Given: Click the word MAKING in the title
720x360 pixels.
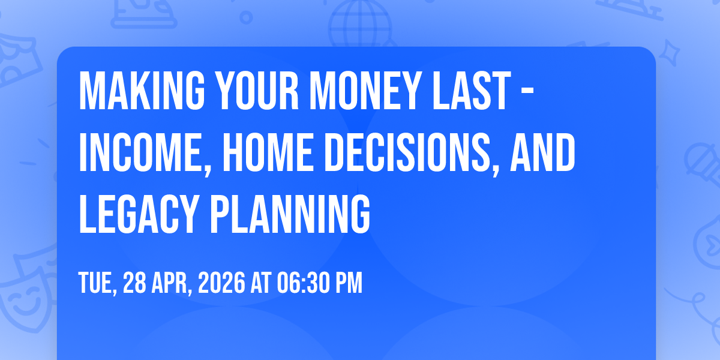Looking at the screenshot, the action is click(x=142, y=91).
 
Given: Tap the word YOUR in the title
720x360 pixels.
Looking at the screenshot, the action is click(x=257, y=91).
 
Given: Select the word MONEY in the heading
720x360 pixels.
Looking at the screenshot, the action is click(x=365, y=91).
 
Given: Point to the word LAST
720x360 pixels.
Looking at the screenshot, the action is click(x=472, y=91).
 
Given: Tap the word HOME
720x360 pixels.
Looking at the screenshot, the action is click(x=268, y=152).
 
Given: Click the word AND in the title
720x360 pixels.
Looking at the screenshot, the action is click(x=542, y=152).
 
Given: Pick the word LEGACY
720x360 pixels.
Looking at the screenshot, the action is click(x=137, y=214).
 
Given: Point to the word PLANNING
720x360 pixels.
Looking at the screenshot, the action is click(x=290, y=214).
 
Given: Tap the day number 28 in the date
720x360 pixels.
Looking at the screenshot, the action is click(x=134, y=283).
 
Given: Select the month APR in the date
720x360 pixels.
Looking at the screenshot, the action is click(x=172, y=283).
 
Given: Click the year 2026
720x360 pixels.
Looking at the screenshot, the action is click(x=221, y=283).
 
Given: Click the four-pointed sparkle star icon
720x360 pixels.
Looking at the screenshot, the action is click(x=669, y=53).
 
